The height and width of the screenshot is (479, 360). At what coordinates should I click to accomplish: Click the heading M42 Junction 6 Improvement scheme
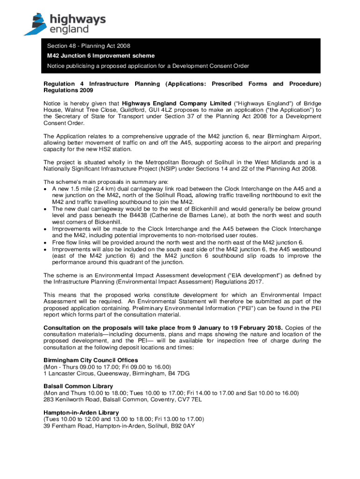pos(101,56)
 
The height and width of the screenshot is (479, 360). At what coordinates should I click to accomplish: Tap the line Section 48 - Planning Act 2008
pos(88,46)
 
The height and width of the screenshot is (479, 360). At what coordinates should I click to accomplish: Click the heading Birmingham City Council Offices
pos(91,360)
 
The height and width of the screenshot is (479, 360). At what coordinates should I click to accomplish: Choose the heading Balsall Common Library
pos(78,386)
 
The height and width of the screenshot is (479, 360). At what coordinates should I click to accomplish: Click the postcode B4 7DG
pos(179,373)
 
